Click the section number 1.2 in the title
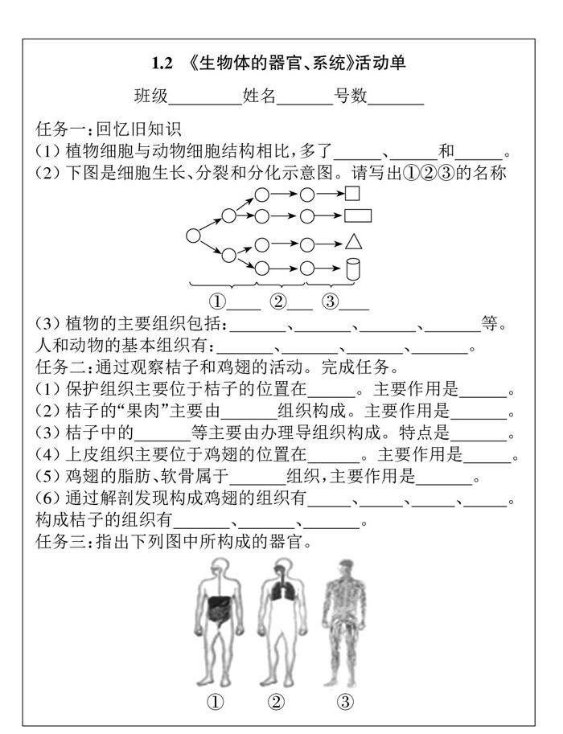tap(162, 62)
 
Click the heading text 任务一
tap(61, 129)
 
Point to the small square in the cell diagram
tap(351, 194)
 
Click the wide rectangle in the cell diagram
tap(357, 215)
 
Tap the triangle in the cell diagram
tap(352, 242)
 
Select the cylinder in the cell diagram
tap(351, 268)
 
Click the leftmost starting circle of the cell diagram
tap(193, 236)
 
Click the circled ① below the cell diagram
tap(217, 301)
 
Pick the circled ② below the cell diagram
tap(277, 301)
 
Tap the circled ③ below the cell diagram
tap(331, 301)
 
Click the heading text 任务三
tap(61, 542)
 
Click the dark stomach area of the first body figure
tap(218, 609)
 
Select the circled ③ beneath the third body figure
tap(345, 702)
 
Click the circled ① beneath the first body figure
tap(215, 702)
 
